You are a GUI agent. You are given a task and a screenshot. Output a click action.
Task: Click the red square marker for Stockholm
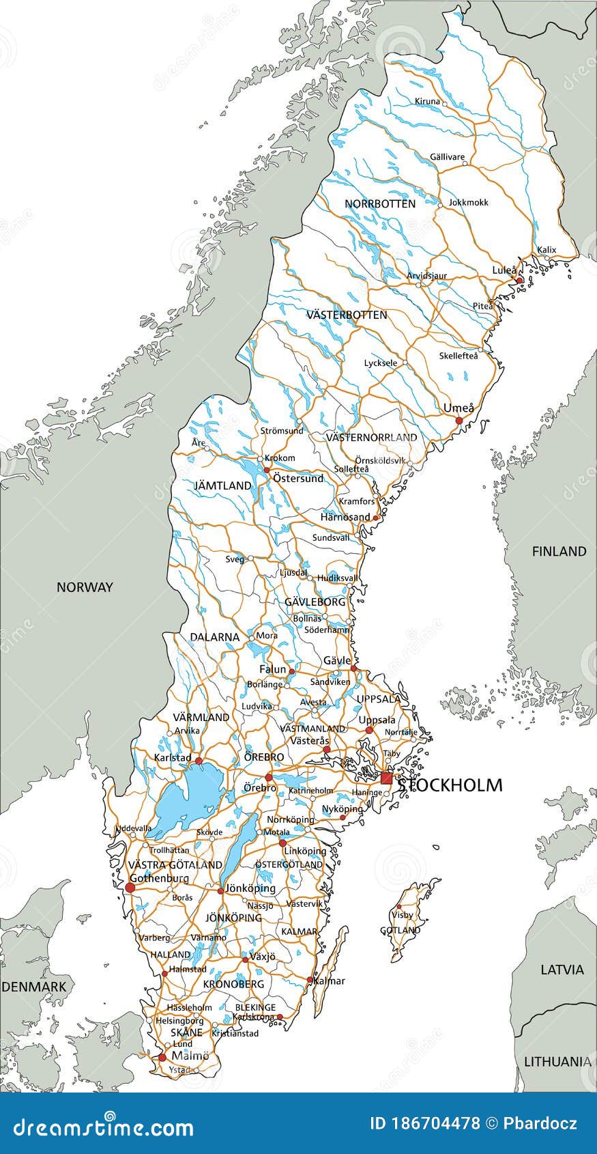[387, 778]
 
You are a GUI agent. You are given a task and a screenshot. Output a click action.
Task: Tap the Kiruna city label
[427, 101]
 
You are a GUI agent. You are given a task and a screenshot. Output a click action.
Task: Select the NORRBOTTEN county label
[379, 203]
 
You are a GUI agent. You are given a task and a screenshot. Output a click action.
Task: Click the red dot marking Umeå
[459, 420]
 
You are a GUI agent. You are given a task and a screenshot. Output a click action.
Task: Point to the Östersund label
[297, 478]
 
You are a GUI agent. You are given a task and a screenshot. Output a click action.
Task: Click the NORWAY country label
[85, 587]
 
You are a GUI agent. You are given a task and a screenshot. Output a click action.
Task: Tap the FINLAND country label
[559, 551]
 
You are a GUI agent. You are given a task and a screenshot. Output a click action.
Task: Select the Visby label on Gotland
[402, 914]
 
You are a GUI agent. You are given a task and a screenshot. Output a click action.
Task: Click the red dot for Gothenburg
[130, 888]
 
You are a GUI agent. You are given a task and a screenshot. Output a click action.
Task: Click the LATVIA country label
[562, 969]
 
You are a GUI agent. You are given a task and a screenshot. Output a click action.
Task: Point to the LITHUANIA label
[557, 1061]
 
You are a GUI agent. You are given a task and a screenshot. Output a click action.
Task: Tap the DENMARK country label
[34, 986]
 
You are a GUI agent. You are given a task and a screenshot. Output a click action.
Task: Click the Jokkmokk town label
[468, 202]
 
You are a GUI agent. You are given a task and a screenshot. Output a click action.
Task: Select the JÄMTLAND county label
[222, 485]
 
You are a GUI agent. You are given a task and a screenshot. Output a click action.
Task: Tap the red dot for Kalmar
[309, 980]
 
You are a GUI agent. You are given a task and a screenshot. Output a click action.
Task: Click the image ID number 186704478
[423, 1123]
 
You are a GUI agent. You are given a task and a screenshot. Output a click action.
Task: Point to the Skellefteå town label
[458, 355]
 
